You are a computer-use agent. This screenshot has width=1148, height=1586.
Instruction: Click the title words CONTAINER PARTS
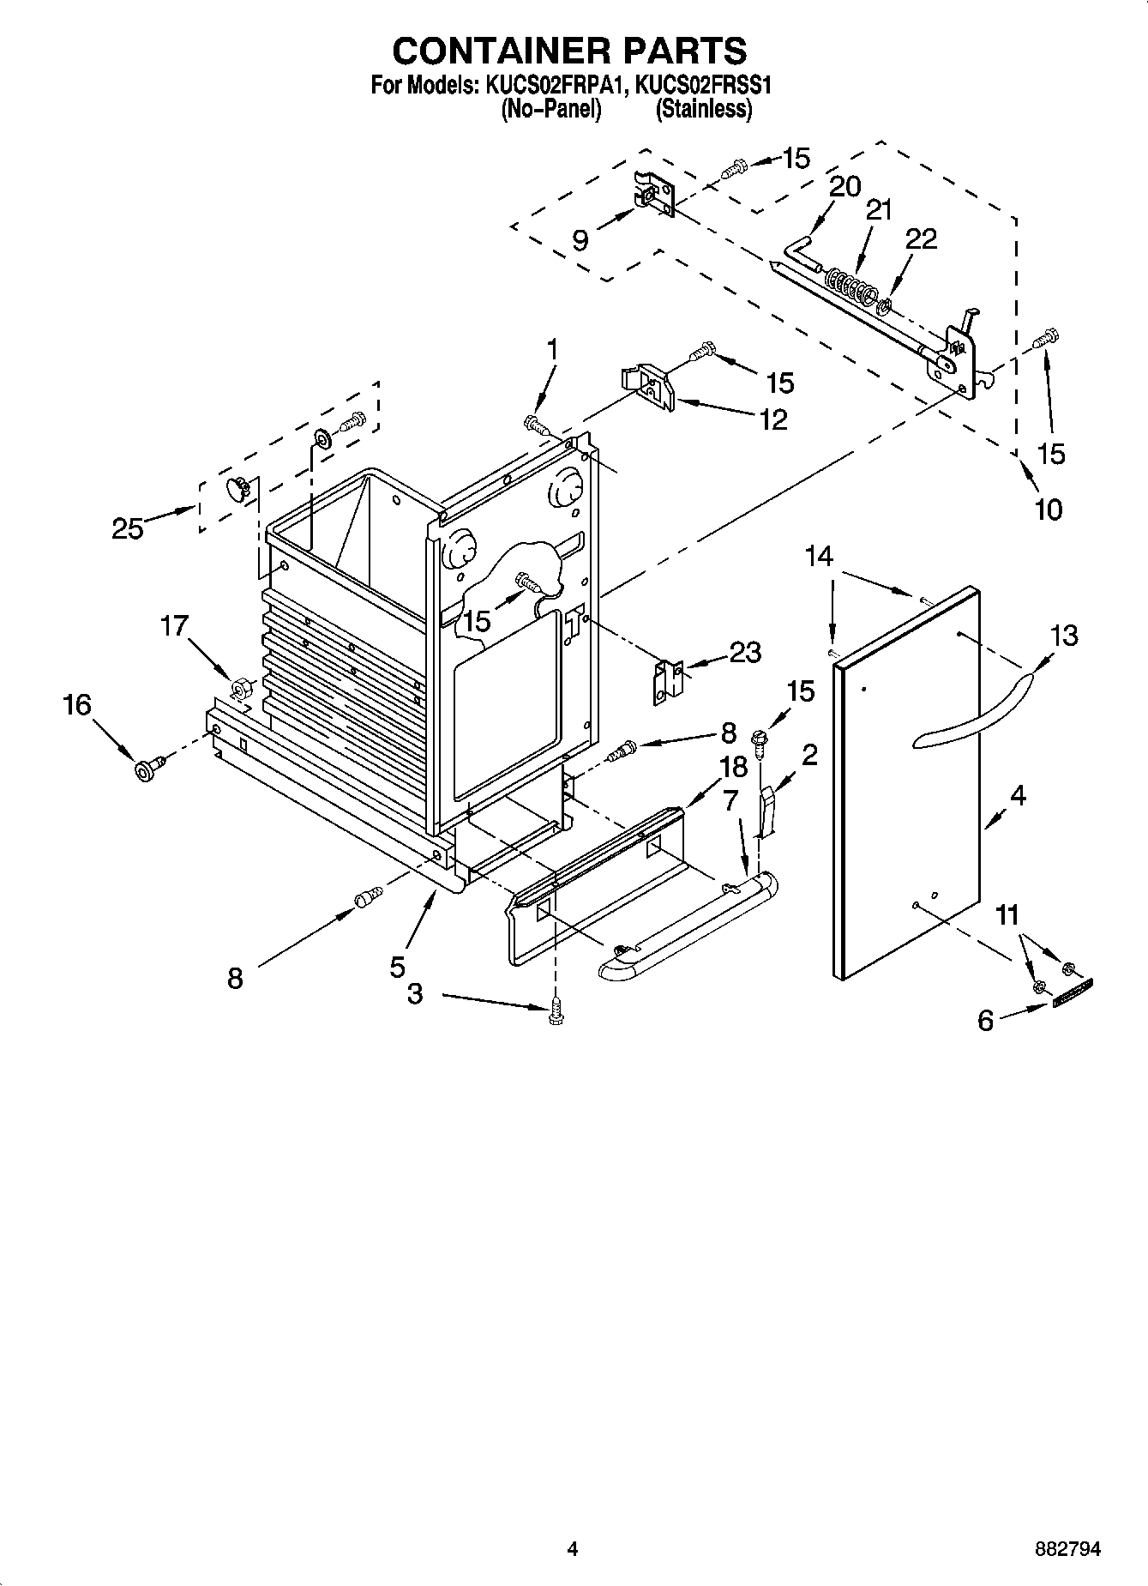[x=569, y=51]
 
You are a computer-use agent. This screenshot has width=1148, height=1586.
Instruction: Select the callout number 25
[x=127, y=528]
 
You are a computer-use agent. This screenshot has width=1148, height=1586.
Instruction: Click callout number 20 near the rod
[x=844, y=186]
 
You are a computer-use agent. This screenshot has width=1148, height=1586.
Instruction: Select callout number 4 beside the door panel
[x=1018, y=795]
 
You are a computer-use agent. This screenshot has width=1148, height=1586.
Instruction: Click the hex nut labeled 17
[x=241, y=687]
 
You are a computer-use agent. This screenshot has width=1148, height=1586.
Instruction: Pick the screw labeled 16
[x=144, y=769]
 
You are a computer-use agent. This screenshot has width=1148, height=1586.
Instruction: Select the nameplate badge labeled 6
[x=1073, y=994]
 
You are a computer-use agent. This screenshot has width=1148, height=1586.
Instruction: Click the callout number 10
[x=1048, y=510]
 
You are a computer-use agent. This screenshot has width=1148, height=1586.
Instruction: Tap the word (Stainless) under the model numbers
[x=703, y=110]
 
